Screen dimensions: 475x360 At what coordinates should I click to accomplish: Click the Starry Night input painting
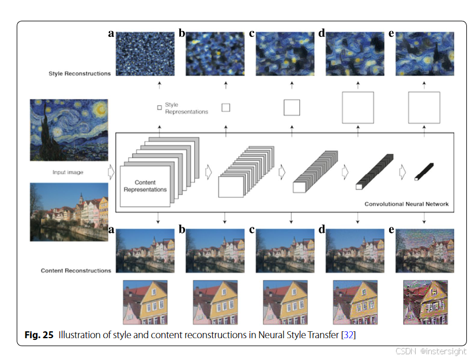[x=69, y=130]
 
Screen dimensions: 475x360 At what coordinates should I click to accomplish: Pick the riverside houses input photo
[x=69, y=211]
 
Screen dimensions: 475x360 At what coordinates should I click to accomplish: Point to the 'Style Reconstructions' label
[x=80, y=74]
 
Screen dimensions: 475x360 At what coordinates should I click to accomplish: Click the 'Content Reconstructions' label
[x=76, y=270]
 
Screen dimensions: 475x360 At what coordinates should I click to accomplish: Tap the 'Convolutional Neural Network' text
[x=406, y=204]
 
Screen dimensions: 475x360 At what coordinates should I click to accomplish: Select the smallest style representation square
[x=159, y=107]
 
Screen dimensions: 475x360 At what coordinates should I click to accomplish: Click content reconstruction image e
[x=425, y=251]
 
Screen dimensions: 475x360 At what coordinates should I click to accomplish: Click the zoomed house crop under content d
[x=355, y=302]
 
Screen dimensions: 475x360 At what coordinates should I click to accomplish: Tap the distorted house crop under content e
[x=424, y=302]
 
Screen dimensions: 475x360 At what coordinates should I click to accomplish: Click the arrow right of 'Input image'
[x=112, y=172]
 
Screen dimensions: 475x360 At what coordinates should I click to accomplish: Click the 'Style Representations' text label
[x=186, y=108]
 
